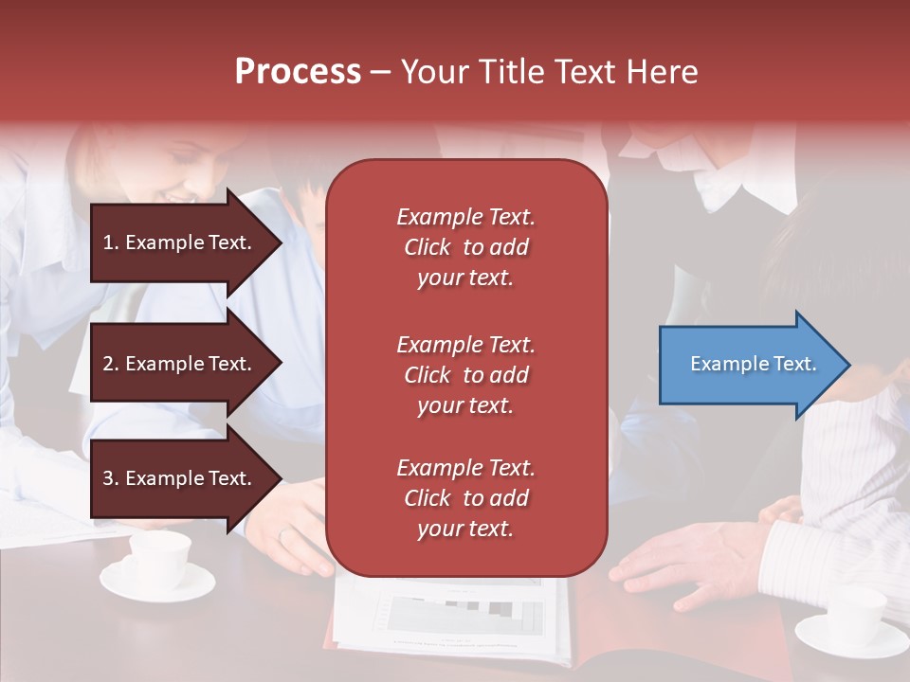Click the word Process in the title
tap(298, 72)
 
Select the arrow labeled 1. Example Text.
tap(180, 242)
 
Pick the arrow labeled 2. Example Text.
tap(180, 364)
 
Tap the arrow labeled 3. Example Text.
tap(180, 478)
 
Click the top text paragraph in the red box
tap(465, 247)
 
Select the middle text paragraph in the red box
tap(465, 375)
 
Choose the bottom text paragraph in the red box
tap(465, 498)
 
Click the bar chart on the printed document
tap(464, 616)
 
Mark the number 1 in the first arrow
tap(108, 242)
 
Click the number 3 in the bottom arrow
tap(108, 478)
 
